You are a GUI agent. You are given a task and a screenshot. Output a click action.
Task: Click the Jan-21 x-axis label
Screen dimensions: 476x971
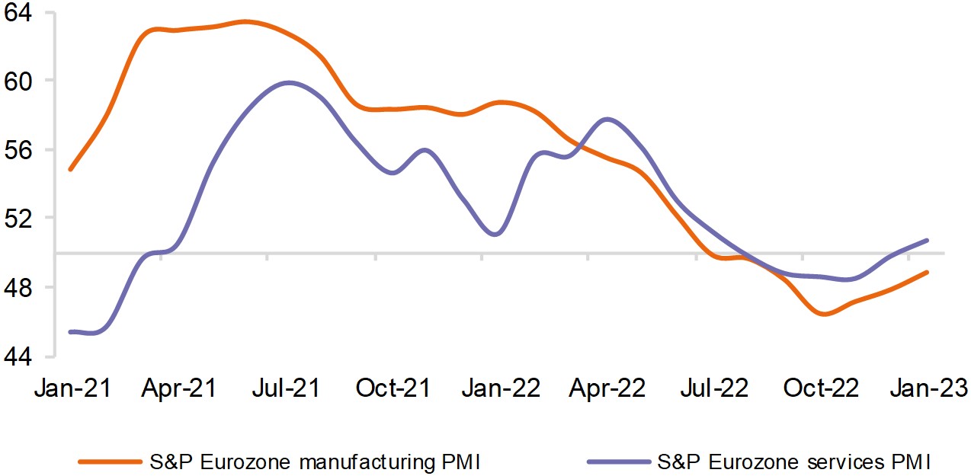72,388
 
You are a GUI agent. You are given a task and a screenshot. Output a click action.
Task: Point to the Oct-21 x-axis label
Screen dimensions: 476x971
393,388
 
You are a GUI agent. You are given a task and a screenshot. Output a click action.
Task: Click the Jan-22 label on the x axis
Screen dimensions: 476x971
501,388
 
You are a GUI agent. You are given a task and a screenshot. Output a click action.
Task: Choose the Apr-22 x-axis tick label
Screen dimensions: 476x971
607,388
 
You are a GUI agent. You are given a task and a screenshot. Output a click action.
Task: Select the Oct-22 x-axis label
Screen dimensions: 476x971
822,388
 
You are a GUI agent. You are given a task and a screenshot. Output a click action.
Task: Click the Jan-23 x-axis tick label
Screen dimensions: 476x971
930,388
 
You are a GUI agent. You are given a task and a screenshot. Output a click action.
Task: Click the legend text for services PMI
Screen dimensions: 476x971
794,461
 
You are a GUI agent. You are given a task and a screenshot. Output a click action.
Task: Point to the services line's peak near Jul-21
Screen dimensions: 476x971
287,82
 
